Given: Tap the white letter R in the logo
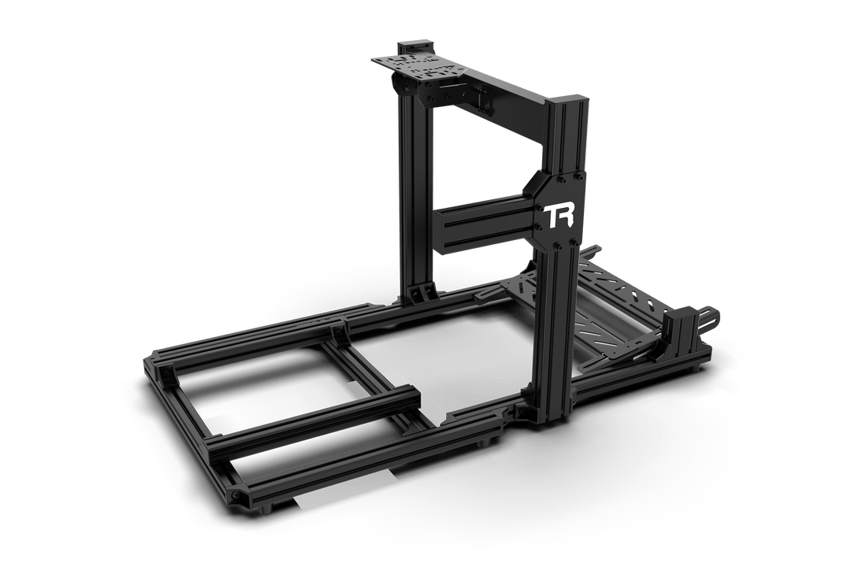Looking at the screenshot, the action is [564, 216].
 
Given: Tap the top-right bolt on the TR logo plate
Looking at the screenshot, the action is [572, 177].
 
